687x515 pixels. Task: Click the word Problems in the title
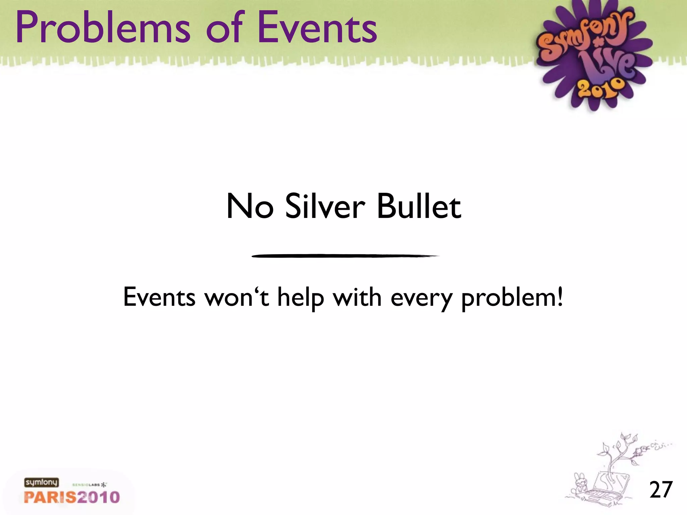[x=103, y=27]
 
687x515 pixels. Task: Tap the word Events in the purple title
[x=317, y=27]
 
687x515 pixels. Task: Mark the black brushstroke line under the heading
[x=345, y=256]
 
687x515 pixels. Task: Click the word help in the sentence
[x=301, y=298]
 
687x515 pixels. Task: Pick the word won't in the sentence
[x=237, y=297]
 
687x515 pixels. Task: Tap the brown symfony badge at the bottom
[x=41, y=482]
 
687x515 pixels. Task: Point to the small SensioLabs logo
[x=89, y=485]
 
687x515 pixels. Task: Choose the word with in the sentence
[x=357, y=297]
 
